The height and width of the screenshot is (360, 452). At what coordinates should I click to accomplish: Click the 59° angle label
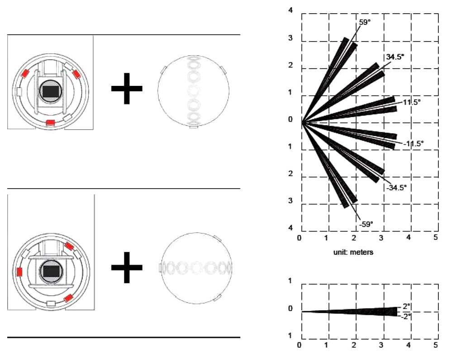click(364, 22)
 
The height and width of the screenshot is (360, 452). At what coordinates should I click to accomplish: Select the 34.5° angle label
click(395, 57)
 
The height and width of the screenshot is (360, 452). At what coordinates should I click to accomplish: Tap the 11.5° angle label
click(412, 102)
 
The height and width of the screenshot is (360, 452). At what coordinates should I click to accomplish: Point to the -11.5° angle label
click(414, 143)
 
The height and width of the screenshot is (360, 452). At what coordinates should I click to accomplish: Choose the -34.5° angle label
click(397, 188)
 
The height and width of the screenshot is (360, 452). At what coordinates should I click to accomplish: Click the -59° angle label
click(366, 224)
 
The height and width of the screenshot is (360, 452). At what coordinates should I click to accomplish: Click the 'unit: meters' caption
click(353, 252)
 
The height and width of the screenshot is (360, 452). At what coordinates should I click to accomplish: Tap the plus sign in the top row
click(127, 88)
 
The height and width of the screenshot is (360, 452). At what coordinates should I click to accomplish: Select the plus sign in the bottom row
click(127, 267)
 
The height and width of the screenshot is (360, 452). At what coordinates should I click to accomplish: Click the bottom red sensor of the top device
click(50, 123)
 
